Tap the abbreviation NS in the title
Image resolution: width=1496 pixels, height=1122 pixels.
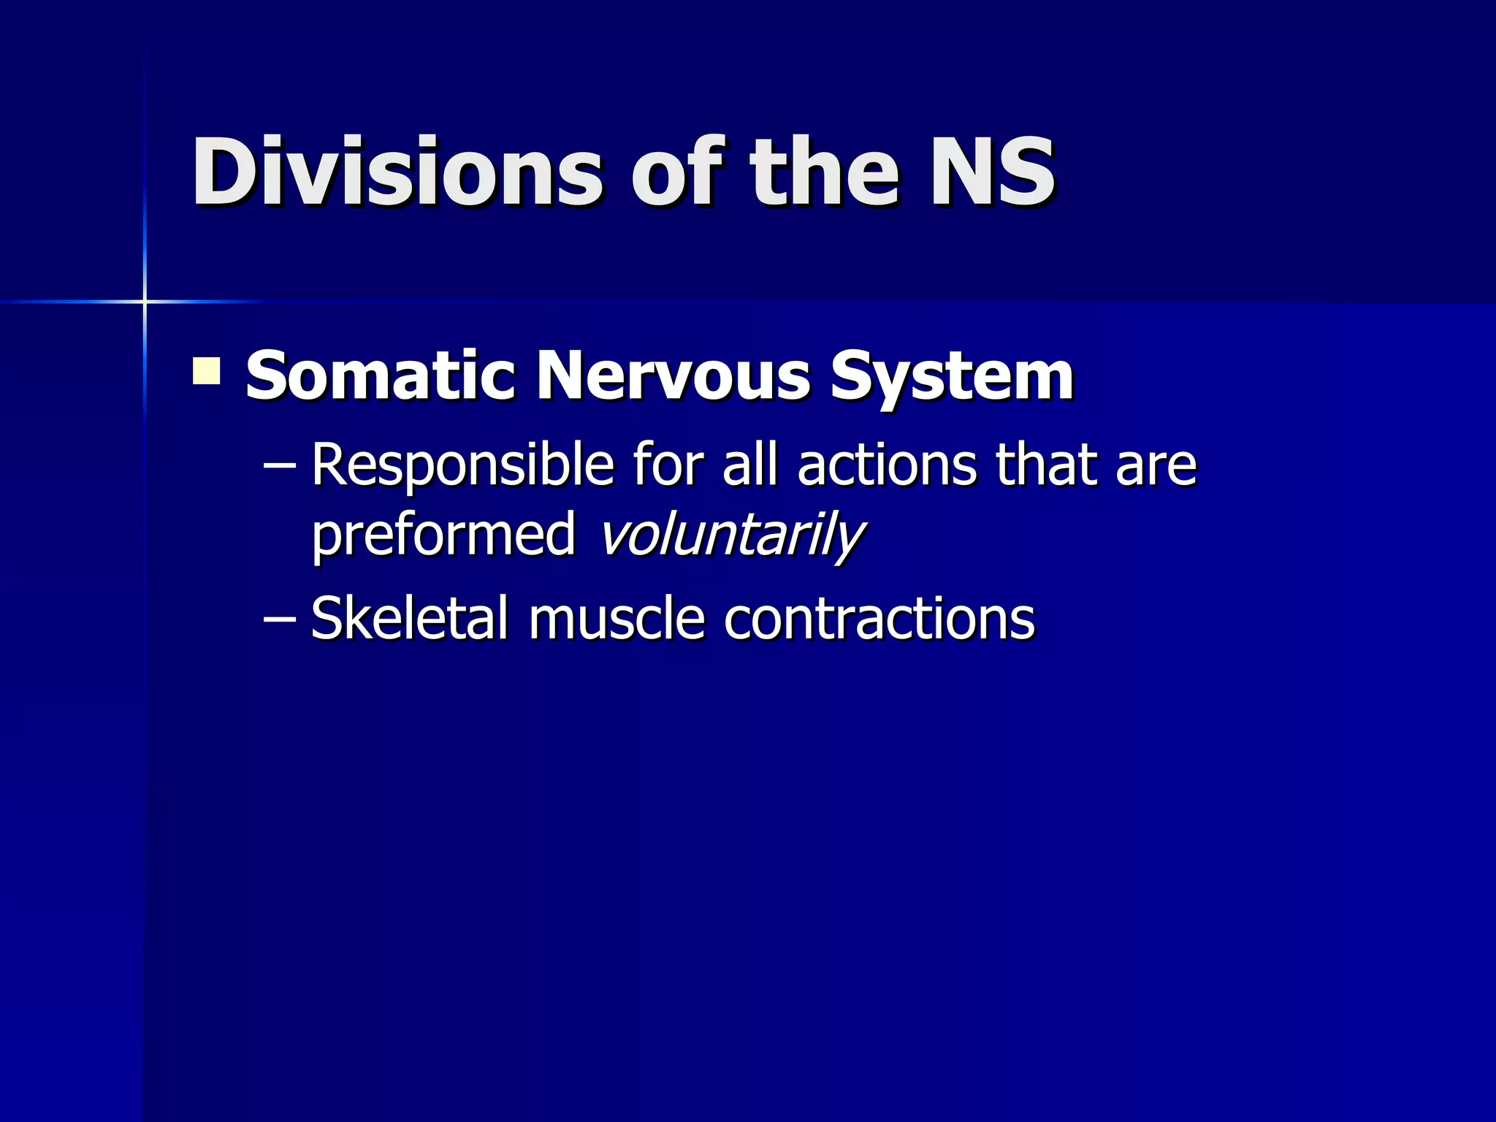[991, 172]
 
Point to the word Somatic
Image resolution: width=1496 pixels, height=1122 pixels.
[380, 375]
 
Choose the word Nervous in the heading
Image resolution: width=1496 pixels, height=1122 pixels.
[673, 375]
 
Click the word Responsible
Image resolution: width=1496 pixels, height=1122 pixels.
[462, 466]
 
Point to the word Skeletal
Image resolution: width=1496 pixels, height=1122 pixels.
[409, 618]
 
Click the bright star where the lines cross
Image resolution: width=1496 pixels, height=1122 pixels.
[145, 301]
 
